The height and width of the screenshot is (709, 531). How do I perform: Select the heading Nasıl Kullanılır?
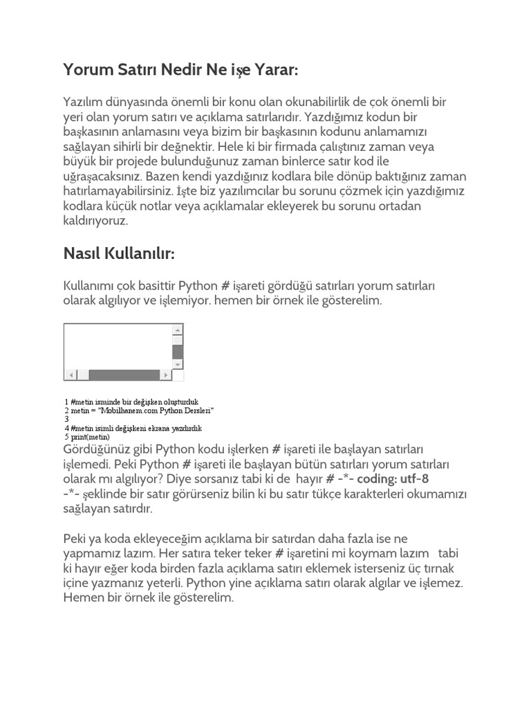tap(119, 254)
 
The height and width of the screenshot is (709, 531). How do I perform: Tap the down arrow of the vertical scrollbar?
tap(178, 364)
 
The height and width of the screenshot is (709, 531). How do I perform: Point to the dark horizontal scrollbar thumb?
tap(124, 375)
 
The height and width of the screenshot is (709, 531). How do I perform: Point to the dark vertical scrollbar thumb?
tap(178, 351)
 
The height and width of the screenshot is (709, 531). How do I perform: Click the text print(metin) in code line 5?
tap(90, 437)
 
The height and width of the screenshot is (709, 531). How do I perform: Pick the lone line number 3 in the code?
tap(66, 419)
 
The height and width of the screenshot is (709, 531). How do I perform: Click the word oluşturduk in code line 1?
tap(180, 402)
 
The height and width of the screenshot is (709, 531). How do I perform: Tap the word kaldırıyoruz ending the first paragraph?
tap(95, 222)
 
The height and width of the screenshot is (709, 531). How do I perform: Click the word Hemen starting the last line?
tap(82, 598)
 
